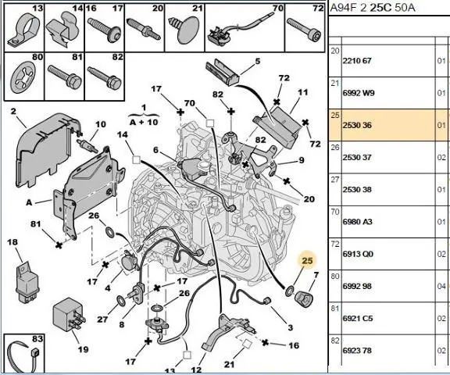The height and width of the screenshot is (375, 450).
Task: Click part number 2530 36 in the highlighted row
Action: pyautogui.click(x=357, y=125)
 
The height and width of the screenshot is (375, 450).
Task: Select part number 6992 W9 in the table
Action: pyautogui.click(x=359, y=93)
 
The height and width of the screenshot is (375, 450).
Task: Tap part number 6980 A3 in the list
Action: pyautogui.click(x=357, y=222)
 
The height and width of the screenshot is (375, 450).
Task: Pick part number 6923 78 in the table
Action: pyautogui.click(x=357, y=350)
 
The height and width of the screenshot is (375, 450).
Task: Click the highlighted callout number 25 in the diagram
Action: pyautogui.click(x=307, y=260)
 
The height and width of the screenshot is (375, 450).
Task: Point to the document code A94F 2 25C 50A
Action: pyautogui.click(x=373, y=7)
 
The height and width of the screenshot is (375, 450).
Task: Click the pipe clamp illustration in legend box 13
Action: pyautogui.click(x=23, y=31)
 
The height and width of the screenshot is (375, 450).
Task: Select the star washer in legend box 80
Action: pyautogui.click(x=23, y=77)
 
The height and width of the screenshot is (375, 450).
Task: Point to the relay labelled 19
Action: pyautogui.click(x=69, y=315)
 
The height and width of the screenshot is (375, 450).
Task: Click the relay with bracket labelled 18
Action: pyautogui.click(x=27, y=282)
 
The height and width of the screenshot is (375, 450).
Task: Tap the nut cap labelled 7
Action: pyautogui.click(x=304, y=298)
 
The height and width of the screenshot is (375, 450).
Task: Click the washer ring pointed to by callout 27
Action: pyautogui.click(x=122, y=301)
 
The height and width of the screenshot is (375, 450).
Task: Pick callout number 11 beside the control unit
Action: pyautogui.click(x=303, y=92)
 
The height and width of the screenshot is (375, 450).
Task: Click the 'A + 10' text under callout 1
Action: pyautogui.click(x=144, y=122)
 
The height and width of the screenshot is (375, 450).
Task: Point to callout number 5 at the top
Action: pyautogui.click(x=258, y=61)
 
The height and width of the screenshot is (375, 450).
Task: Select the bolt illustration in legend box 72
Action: pyautogui.click(x=304, y=30)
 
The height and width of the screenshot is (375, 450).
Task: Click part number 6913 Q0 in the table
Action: pyautogui.click(x=358, y=254)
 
